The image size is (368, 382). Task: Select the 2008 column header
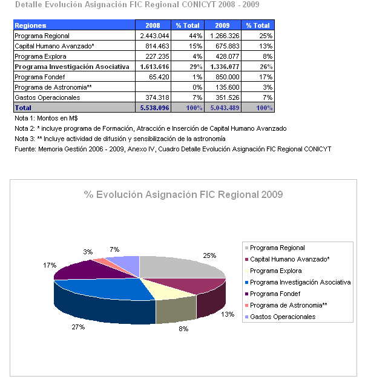pyautogui.click(x=153, y=25)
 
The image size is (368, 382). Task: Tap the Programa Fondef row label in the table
pyautogui.click(x=39, y=77)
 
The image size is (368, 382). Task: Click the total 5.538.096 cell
pyautogui.click(x=154, y=107)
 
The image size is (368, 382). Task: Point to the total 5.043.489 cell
pyautogui.click(x=223, y=107)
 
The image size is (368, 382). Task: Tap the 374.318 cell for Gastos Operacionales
pyautogui.click(x=156, y=97)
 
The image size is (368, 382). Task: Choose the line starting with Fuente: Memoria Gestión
pyautogui.click(x=172, y=149)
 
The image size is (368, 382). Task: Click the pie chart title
pyautogui.click(x=183, y=194)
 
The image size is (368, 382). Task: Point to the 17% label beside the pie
pyautogui.click(x=49, y=265)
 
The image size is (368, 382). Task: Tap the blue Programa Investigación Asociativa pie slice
pyautogui.click(x=103, y=291)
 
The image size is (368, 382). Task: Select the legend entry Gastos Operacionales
pyautogui.click(x=282, y=317)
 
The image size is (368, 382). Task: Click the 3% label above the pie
pyautogui.click(x=88, y=251)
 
